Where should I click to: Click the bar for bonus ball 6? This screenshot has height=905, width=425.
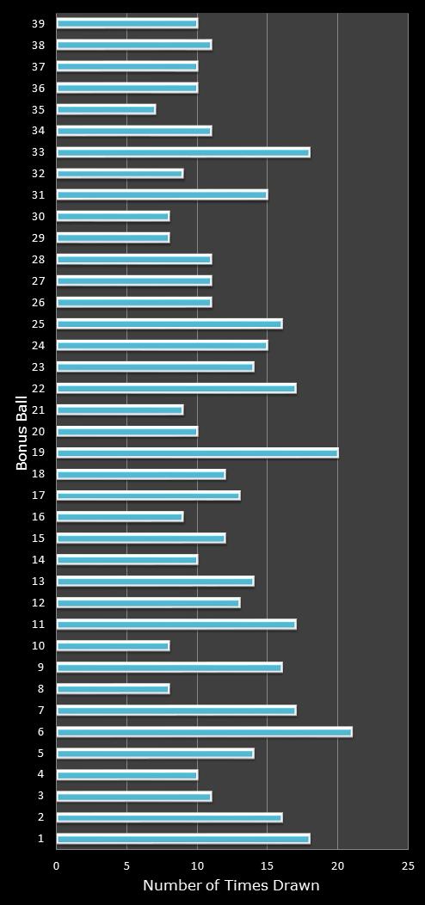pyautogui.click(x=204, y=732)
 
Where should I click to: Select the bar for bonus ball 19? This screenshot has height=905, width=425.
pyautogui.click(x=197, y=453)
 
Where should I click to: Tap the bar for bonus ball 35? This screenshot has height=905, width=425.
pyautogui.click(x=106, y=109)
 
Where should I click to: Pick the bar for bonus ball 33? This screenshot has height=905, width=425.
pyautogui.click(x=182, y=152)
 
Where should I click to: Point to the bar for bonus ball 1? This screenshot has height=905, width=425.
pyautogui.click(x=182, y=839)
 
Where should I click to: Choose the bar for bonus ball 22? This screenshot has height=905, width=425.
pyautogui.click(x=176, y=388)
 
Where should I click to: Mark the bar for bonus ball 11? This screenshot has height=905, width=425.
pyautogui.click(x=176, y=625)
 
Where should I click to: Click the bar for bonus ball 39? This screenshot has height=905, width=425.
pyautogui.click(x=126, y=23)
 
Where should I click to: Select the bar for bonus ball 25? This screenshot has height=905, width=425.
pyautogui.click(x=169, y=323)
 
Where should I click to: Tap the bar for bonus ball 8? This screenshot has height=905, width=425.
pyautogui.click(x=113, y=688)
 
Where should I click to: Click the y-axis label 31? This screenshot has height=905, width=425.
pyautogui.click(x=39, y=195)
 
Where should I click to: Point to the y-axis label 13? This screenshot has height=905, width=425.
pyautogui.click(x=39, y=582)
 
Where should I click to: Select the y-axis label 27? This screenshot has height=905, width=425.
pyautogui.click(x=39, y=281)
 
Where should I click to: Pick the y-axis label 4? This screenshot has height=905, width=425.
pyautogui.click(x=41, y=774)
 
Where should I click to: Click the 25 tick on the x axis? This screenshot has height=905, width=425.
pyautogui.click(x=408, y=866)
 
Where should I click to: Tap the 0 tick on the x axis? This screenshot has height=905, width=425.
pyautogui.click(x=57, y=866)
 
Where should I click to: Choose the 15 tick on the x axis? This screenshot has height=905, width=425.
pyautogui.click(x=267, y=866)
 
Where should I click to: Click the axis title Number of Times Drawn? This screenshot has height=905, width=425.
pyautogui.click(x=231, y=886)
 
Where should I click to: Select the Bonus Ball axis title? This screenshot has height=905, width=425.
pyautogui.click(x=22, y=432)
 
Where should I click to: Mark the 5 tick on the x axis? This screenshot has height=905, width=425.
pyautogui.click(x=126, y=866)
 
